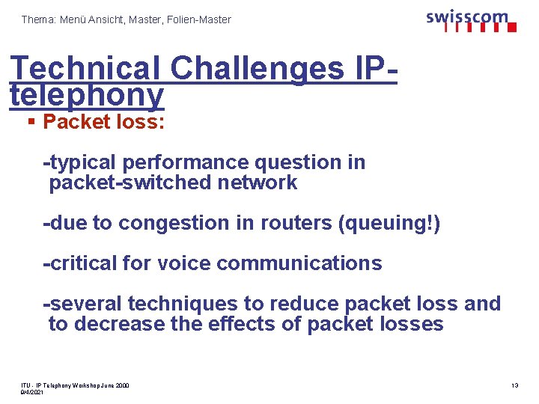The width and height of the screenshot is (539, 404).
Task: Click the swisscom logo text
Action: pos(467,17)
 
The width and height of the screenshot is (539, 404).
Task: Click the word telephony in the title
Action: pos(87,94)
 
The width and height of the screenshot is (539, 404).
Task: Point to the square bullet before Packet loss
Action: pos(31,122)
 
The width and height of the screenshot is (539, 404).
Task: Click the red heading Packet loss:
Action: pos(104,122)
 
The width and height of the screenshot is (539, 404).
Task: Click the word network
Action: pos(255,183)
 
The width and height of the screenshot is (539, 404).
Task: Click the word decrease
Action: pos(118,324)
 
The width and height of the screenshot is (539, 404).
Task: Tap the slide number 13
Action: pos(514,385)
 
